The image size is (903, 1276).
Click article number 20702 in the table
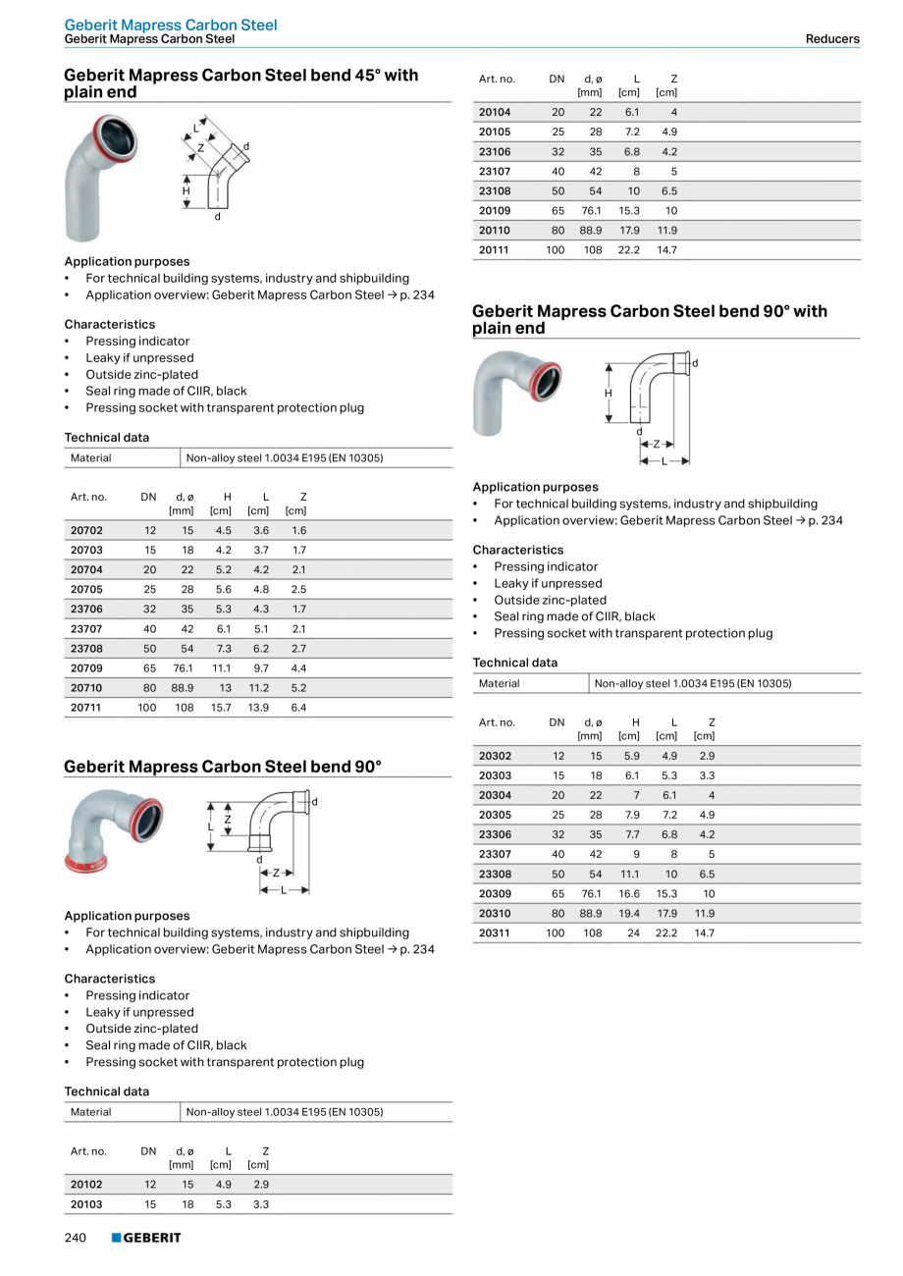[86, 530]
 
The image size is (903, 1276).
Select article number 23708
[86, 649]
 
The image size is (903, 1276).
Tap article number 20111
[495, 249]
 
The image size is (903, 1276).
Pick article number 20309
[495, 893]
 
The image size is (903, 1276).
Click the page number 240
[76, 1238]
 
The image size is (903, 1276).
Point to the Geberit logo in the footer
[146, 1238]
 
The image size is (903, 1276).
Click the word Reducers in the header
[832, 39]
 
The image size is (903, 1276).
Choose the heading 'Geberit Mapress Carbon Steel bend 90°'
[223, 767]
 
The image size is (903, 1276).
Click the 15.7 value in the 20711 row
[221, 707]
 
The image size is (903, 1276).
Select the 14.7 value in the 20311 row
[705, 932]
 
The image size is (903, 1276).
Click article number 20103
[86, 1203]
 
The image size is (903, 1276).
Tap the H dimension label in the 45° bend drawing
[186, 190]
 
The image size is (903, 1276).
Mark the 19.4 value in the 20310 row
[629, 913]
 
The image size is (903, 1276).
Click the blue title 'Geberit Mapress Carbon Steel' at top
[171, 25]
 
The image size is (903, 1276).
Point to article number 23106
[495, 151]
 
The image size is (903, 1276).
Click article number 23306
[495, 834]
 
